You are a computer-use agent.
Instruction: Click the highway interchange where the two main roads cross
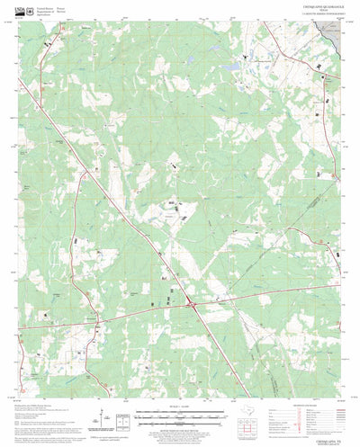pos(192,305)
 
